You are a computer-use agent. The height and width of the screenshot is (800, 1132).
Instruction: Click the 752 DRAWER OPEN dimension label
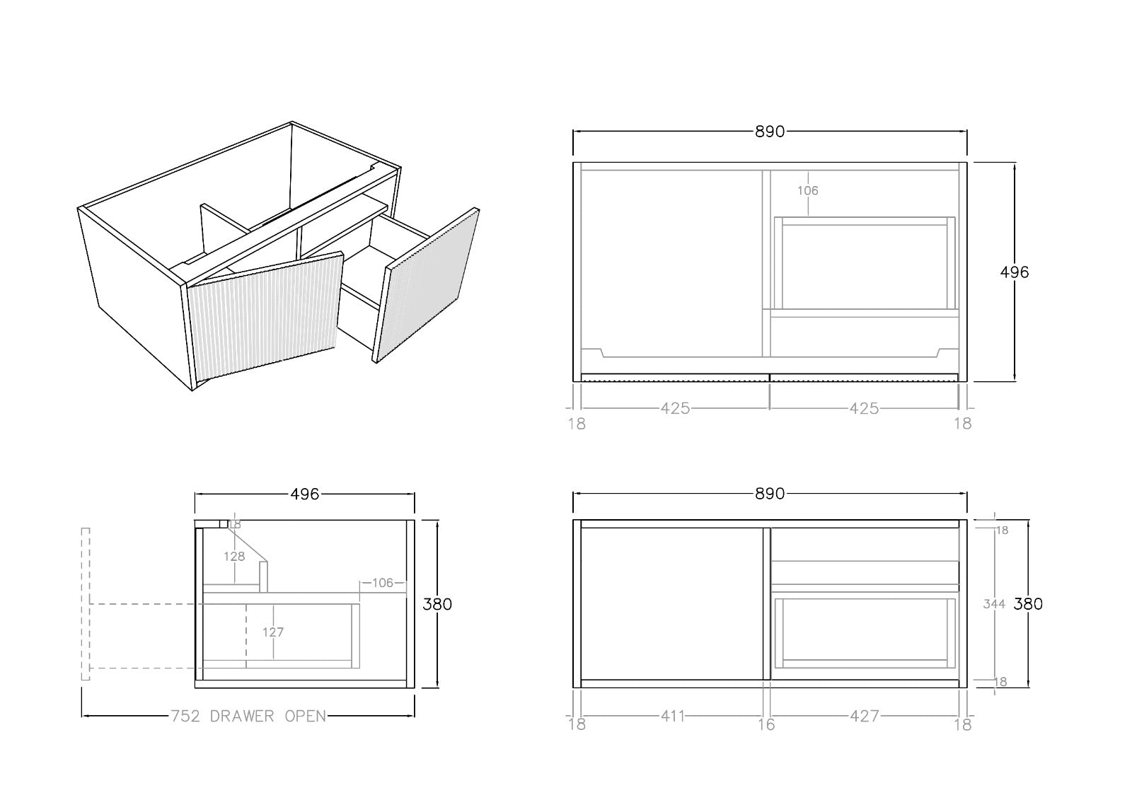pyautogui.click(x=248, y=716)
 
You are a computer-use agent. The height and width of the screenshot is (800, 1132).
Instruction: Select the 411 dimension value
pyautogui.click(x=673, y=716)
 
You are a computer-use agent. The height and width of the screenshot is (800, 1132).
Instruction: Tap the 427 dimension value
pyautogui.click(x=864, y=716)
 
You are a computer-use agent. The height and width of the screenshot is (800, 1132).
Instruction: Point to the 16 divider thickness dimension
pyautogui.click(x=766, y=724)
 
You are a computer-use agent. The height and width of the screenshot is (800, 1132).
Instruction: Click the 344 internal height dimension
pyautogui.click(x=995, y=604)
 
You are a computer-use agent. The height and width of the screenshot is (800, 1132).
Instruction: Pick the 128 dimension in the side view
pyautogui.click(x=234, y=557)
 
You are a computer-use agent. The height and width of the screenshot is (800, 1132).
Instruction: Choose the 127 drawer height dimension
pyautogui.click(x=273, y=632)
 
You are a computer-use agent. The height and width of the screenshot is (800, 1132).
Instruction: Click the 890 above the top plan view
pyautogui.click(x=770, y=132)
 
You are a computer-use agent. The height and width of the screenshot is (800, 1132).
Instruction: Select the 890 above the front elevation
pyautogui.click(x=770, y=494)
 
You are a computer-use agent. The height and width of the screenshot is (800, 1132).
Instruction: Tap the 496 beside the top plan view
pyautogui.click(x=1015, y=272)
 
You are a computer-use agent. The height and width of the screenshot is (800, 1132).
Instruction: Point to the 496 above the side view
pyautogui.click(x=305, y=494)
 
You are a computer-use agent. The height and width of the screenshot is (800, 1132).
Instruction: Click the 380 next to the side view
pyautogui.click(x=437, y=604)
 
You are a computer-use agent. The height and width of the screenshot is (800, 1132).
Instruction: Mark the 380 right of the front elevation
pyautogui.click(x=1028, y=604)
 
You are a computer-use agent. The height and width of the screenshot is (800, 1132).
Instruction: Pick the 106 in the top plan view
pyautogui.click(x=807, y=190)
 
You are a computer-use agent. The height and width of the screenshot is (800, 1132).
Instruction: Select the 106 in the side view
pyautogui.click(x=383, y=583)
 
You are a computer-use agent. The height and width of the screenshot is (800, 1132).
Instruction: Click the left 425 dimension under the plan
pyautogui.click(x=675, y=408)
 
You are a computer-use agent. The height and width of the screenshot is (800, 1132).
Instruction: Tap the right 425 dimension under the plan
pyautogui.click(x=864, y=408)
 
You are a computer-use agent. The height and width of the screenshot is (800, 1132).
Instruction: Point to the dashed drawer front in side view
pyautogui.click(x=86, y=604)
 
